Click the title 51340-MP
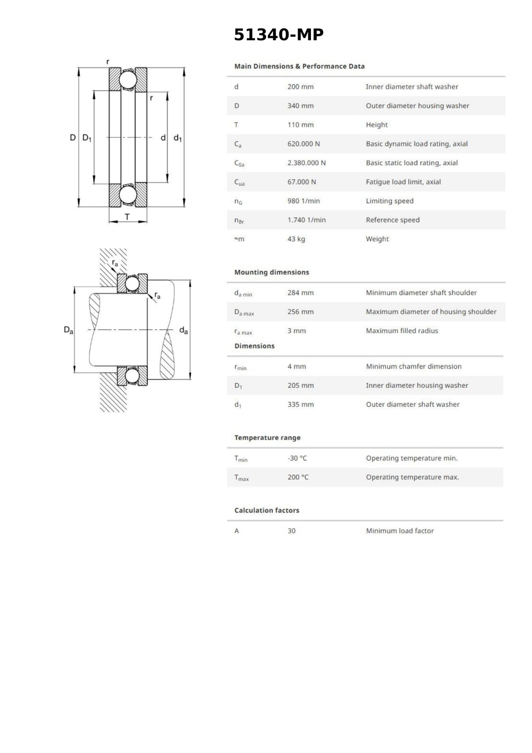click(278, 35)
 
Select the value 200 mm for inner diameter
click(300, 87)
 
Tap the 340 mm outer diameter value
click(300, 106)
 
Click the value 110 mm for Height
click(300, 125)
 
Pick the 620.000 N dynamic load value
click(303, 144)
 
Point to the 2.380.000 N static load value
click(306, 163)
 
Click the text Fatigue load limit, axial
click(403, 182)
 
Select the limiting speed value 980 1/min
click(303, 201)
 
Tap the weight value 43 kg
click(296, 239)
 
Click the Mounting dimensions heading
click(271, 272)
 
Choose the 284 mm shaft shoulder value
click(300, 293)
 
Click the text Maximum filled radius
click(402, 331)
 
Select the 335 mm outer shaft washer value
click(300, 404)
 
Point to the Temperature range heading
click(267, 438)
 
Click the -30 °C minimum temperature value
click(297, 458)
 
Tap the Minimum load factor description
click(400, 531)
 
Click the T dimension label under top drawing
click(127, 217)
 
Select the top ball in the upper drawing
click(128, 80)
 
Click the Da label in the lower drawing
click(68, 330)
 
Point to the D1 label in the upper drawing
click(87, 138)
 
